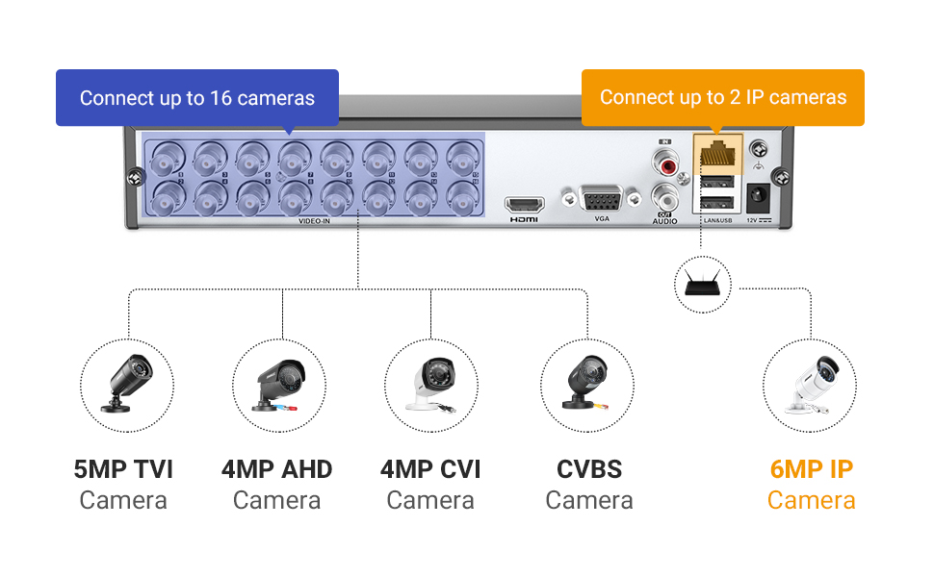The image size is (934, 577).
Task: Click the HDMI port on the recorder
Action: point(525,205)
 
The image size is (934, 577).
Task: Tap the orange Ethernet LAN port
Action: point(717,152)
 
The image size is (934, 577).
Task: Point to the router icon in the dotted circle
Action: point(702,284)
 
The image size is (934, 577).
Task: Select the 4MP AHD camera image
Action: point(280,385)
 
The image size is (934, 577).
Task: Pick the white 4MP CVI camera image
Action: point(431,385)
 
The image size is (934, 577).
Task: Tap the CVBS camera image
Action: point(587,385)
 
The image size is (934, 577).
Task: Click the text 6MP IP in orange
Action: point(811,469)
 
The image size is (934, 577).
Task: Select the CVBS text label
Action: point(589,469)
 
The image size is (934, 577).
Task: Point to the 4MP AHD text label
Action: point(276,469)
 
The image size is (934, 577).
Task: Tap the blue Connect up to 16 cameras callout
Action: point(197,98)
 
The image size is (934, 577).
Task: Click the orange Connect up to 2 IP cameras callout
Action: point(723,97)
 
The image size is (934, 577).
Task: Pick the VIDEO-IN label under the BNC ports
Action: point(314,221)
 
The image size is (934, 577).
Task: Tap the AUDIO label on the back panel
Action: point(664,221)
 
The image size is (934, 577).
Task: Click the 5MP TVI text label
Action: point(123,469)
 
